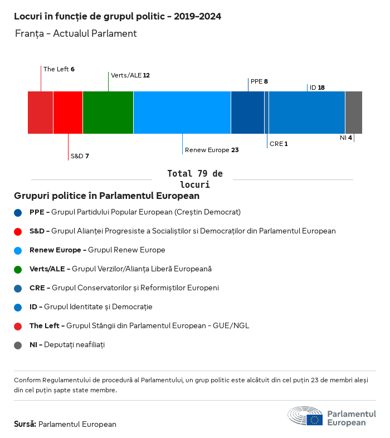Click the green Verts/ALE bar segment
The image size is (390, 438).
pyautogui.click(x=108, y=113)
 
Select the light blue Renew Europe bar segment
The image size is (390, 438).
pyautogui.click(x=182, y=113)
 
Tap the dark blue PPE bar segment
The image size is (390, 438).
pyautogui.click(x=247, y=113)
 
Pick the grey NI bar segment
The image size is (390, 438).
pyautogui.click(x=354, y=113)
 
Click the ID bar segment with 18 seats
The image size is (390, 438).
pyautogui.click(x=307, y=113)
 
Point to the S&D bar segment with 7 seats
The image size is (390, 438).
pyautogui.click(x=68, y=113)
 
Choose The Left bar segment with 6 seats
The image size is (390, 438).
pyautogui.click(x=41, y=113)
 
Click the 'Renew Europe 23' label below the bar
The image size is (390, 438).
pyautogui.click(x=212, y=150)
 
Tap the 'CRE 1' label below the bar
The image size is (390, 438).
pyautogui.click(x=279, y=144)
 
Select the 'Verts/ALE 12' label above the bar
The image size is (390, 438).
pyautogui.click(x=130, y=75)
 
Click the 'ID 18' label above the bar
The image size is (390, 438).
pyautogui.click(x=317, y=87)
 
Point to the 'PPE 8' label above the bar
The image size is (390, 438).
pyautogui.click(x=259, y=81)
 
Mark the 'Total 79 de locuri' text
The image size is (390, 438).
pyautogui.click(x=195, y=179)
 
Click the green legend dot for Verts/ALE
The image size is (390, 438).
pyautogui.click(x=18, y=269)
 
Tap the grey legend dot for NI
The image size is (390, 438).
pyautogui.click(x=18, y=345)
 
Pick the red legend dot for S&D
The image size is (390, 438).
pyautogui.click(x=18, y=231)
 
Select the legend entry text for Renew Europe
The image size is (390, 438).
pyautogui.click(x=97, y=250)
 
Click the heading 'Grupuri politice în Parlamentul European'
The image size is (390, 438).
pyautogui.click(x=106, y=196)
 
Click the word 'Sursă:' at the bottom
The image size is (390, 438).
pyautogui.click(x=25, y=424)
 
